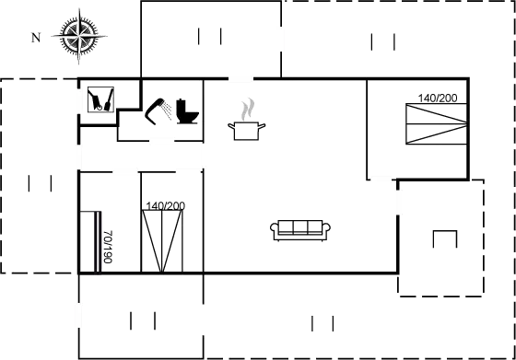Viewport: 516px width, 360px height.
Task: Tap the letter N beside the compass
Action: (x=35, y=39)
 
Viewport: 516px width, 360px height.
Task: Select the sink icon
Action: (x=99, y=99)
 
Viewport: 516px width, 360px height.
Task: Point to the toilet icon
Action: (x=186, y=109)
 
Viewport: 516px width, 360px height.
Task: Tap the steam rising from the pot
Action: (x=247, y=108)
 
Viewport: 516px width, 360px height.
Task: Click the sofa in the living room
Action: (x=301, y=229)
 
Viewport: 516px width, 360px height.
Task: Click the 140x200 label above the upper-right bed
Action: (x=438, y=97)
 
